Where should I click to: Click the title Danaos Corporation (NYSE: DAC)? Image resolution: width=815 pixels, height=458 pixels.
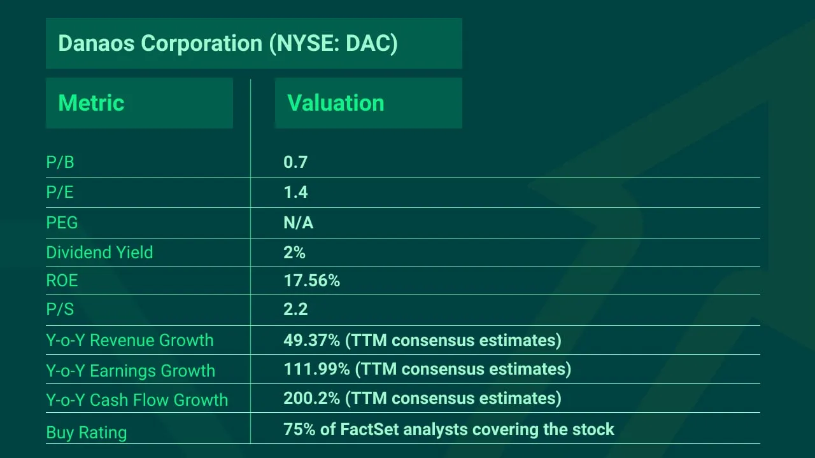pos(227,43)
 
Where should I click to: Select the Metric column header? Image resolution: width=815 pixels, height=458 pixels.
pos(91,103)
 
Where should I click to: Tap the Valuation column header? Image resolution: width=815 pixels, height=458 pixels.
pos(336,103)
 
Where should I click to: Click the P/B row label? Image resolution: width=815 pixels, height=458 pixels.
pos(60,163)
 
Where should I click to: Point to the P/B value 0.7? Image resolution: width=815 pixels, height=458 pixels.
pos(295,163)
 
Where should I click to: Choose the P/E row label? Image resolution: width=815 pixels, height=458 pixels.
pos(60,193)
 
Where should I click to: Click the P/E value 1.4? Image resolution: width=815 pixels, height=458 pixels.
pos(295,193)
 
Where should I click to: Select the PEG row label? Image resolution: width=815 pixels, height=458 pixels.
pos(62,223)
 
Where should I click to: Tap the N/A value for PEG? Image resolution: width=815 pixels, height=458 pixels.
pos(298,223)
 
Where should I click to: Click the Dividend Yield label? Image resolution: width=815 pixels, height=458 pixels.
pos(99,253)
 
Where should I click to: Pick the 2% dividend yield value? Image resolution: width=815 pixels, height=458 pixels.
pos(294,253)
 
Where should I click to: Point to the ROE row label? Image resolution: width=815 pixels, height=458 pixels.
pos(62,281)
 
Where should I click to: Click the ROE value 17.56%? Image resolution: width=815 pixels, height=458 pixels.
pos(311,281)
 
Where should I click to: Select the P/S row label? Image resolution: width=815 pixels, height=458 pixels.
pos(60,310)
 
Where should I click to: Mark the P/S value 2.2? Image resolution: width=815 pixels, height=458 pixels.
pos(295,310)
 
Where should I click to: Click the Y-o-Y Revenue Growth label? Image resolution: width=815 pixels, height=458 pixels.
pos(129,340)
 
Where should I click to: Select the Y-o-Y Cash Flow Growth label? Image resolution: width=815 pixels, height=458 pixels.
pos(137,400)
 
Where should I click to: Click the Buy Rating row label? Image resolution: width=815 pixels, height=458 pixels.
pos(86,433)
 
